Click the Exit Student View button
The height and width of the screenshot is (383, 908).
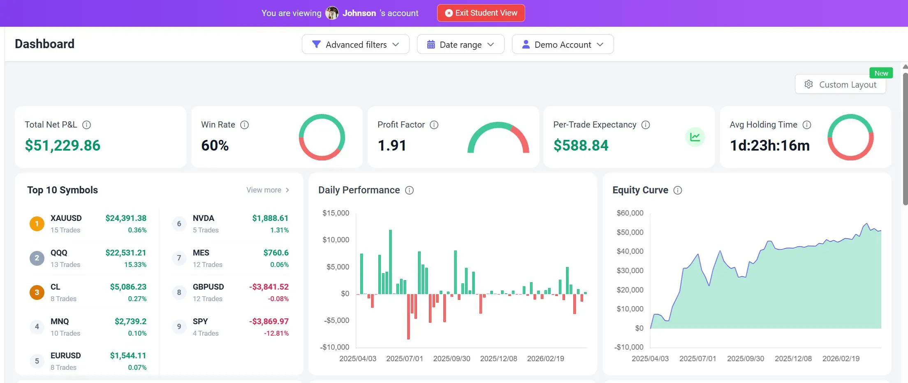[x=481, y=13]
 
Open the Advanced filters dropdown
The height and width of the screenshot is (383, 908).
[x=355, y=44]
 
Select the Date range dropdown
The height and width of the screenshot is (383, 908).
[x=460, y=44]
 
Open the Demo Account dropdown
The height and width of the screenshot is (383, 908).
[x=563, y=44]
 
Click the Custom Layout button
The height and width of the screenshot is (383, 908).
[x=840, y=84]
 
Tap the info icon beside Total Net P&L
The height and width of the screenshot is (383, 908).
[x=86, y=125]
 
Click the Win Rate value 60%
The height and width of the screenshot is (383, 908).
[x=215, y=145]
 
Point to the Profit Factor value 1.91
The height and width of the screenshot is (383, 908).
[x=392, y=145]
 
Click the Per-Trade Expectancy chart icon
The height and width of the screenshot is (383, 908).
[x=695, y=137]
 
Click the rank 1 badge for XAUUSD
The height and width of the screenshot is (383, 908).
[x=37, y=224]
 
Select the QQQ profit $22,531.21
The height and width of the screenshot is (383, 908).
[x=126, y=253]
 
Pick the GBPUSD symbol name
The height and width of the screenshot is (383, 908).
[x=208, y=287]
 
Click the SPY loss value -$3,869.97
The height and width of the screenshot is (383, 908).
[x=269, y=321]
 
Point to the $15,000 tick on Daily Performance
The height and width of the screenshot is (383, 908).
[x=336, y=213]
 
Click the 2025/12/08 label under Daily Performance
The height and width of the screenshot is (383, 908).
[x=498, y=359]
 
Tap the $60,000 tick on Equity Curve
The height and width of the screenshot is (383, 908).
[x=630, y=213]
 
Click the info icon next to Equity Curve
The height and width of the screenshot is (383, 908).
[x=678, y=190]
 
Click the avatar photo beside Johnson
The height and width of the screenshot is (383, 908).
[x=332, y=13]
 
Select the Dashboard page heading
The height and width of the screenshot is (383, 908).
[x=45, y=44]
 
